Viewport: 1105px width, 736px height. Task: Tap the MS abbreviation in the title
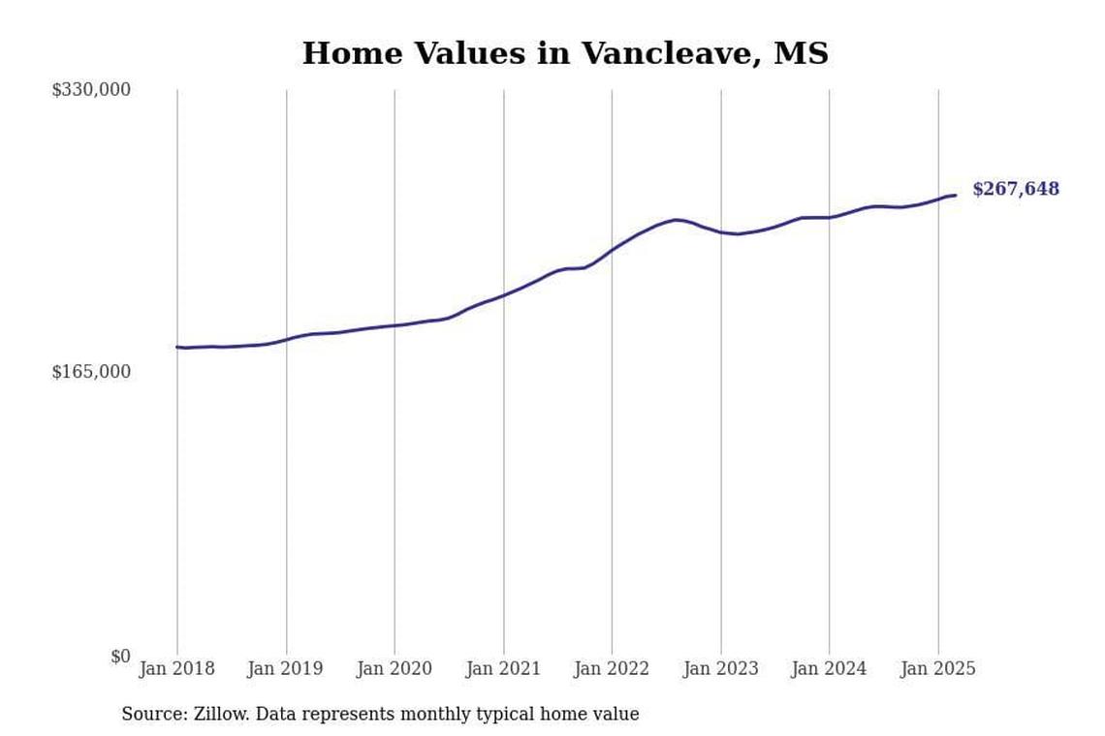[x=801, y=54]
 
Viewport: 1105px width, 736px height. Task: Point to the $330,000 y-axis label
[x=91, y=90]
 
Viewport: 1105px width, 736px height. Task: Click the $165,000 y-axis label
[x=91, y=372]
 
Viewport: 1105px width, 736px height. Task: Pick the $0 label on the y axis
[x=120, y=657]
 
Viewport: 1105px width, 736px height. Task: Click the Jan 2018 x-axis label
[x=177, y=669]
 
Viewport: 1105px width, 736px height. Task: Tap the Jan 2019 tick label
[x=286, y=669]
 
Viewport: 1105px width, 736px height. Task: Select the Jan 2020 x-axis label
[x=395, y=669]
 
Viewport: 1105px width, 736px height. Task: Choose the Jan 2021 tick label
[x=503, y=669]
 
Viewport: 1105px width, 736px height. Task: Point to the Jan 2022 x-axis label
[x=612, y=669]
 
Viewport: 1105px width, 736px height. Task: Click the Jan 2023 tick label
[x=720, y=669]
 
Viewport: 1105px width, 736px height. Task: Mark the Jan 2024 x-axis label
[x=829, y=669]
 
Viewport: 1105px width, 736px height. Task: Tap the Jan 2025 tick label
[x=937, y=669]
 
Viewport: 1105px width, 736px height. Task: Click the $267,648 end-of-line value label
[x=1016, y=190]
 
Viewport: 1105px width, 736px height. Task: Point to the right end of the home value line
[x=956, y=196]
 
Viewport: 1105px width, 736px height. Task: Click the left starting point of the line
[x=177, y=347]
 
